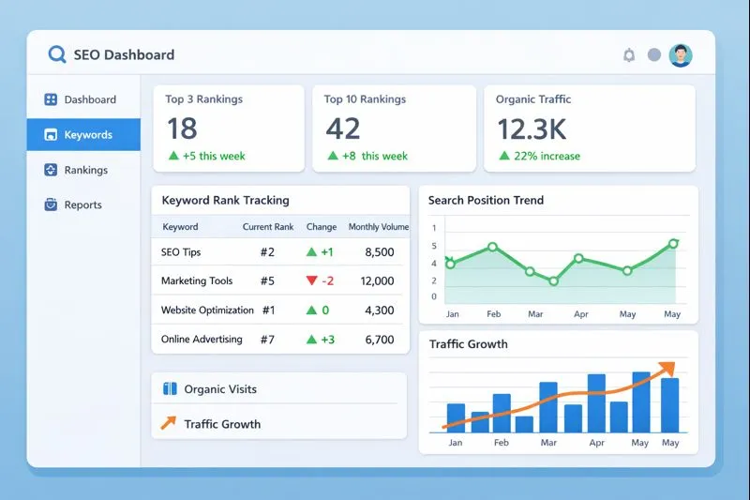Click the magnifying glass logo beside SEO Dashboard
[x=57, y=54]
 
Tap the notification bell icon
[x=629, y=55]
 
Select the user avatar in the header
[x=681, y=55]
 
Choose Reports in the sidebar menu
[x=82, y=205]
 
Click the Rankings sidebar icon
[x=51, y=170]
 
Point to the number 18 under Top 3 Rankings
[x=182, y=128]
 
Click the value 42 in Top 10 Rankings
[x=343, y=128]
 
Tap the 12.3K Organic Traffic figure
[x=532, y=128]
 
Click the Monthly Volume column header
[x=378, y=227]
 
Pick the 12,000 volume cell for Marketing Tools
[x=377, y=280]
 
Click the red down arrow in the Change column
[x=311, y=280]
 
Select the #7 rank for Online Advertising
[x=267, y=340]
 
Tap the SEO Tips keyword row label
[x=181, y=252]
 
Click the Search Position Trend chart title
[x=486, y=200]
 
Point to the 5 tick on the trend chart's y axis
[x=434, y=246]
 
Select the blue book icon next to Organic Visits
[x=170, y=388]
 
